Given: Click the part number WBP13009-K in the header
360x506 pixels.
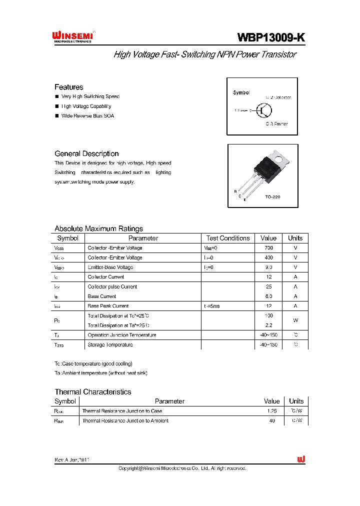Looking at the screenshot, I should [270, 37].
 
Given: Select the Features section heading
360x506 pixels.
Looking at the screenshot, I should [69, 87].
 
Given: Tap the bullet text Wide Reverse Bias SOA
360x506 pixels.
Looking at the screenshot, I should [87, 116].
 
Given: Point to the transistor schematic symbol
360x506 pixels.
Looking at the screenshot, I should [262, 110].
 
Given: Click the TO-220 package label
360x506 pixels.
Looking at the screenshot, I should [272, 197].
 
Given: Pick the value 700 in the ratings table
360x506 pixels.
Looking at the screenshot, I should [268, 248].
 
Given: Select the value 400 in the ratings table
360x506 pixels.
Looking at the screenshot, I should [268, 257].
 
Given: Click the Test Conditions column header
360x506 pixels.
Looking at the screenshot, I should [227, 238].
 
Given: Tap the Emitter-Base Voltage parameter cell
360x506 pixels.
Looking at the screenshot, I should [110, 267].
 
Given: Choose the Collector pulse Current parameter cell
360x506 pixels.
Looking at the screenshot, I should [112, 287].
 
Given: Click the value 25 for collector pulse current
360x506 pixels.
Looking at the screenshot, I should [268, 287].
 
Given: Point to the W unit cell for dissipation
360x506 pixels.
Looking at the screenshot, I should [295, 320].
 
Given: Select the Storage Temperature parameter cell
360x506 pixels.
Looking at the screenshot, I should [110, 345].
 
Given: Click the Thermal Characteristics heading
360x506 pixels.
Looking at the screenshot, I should [93, 392].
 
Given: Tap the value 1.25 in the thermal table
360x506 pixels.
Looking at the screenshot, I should [272, 411].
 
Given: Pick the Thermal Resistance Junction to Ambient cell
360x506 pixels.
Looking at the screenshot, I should [125, 421].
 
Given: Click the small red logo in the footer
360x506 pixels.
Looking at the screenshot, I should [301, 459].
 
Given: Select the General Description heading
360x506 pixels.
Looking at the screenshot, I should [86, 153].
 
